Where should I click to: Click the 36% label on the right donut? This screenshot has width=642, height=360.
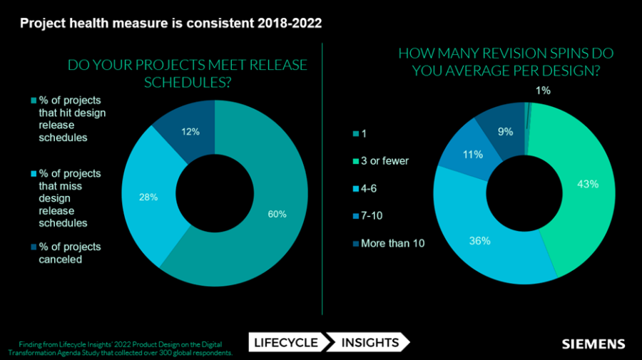pyautogui.click(x=480, y=241)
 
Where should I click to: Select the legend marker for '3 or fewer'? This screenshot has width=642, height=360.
pyautogui.click(x=355, y=162)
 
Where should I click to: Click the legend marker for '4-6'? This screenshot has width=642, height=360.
pyautogui.click(x=355, y=189)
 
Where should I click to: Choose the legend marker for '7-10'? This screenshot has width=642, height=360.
pyautogui.click(x=355, y=216)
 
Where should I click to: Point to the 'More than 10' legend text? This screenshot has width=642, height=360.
pyautogui.click(x=392, y=243)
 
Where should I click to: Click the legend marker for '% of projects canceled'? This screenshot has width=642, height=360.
pyautogui.click(x=32, y=247)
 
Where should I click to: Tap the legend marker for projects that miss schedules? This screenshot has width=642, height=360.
pyautogui.click(x=32, y=174)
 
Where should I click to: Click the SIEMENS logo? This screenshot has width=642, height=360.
pyautogui.click(x=593, y=344)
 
